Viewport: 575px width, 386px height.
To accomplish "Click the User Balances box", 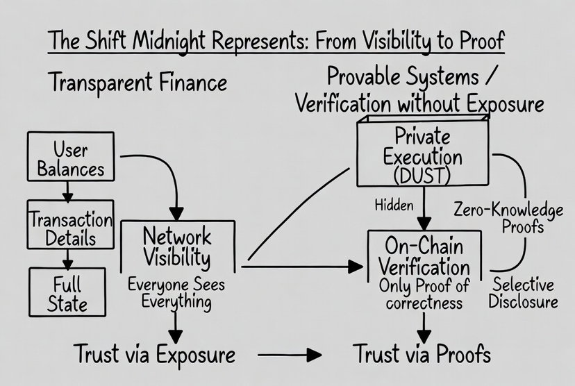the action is [71, 156].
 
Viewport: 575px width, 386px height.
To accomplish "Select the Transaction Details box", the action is [70, 224].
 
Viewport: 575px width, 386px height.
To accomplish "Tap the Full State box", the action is [67, 292].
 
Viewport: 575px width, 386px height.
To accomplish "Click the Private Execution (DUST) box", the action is [423, 151].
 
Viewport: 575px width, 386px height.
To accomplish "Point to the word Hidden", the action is [394, 205].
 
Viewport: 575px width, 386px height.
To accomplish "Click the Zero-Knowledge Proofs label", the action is [508, 218].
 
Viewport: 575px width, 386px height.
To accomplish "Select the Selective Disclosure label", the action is [523, 293].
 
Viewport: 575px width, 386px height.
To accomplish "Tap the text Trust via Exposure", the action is [154, 355].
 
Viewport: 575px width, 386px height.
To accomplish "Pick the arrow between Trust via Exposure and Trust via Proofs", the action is [290, 355].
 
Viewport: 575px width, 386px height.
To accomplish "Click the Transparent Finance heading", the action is [137, 83].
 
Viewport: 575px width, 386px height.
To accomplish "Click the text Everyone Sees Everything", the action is [176, 293].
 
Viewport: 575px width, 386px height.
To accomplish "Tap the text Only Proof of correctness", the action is [424, 294].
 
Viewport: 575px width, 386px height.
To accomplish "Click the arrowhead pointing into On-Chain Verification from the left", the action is [356, 267].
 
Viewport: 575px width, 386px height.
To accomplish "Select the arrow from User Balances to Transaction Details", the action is [67, 192].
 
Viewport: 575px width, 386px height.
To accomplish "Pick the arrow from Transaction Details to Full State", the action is [67, 259].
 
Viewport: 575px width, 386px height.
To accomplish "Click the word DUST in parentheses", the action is [422, 176].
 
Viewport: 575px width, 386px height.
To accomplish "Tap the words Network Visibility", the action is [177, 246].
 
